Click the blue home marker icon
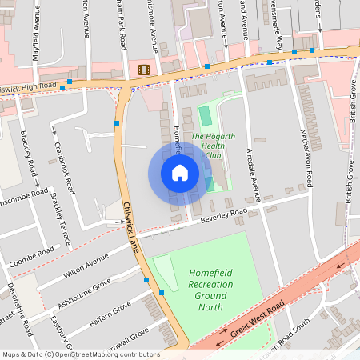pos(180,172)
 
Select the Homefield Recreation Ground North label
pos(211,290)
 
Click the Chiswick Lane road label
pos(131,227)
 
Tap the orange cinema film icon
pos(144,70)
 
